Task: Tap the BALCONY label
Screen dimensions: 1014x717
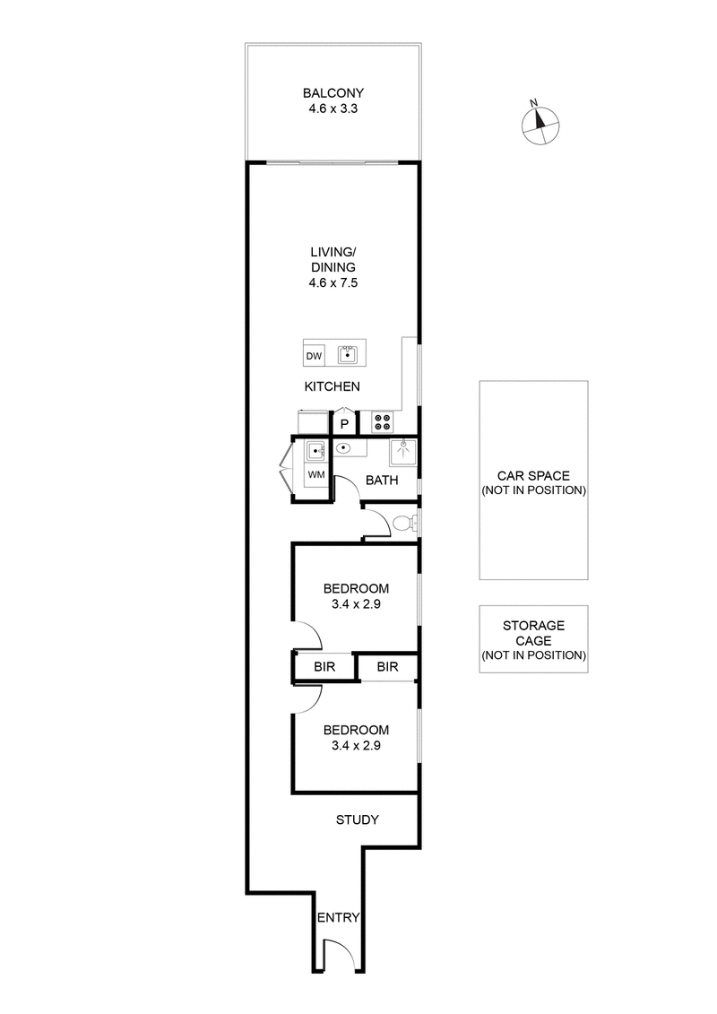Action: coord(333,93)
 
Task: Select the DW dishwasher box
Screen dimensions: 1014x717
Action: coord(314,357)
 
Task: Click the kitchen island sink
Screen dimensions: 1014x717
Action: coord(348,355)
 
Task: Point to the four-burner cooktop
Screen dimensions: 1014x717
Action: coord(382,420)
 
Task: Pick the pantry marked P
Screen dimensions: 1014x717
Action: coord(344,422)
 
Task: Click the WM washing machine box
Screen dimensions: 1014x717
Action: coord(315,472)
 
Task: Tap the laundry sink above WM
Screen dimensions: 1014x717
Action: coord(315,451)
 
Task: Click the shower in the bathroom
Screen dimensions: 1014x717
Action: coord(404,453)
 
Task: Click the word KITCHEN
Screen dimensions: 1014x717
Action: coord(333,386)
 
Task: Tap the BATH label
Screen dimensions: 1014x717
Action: coord(382,481)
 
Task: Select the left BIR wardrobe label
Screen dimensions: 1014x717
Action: coord(324,667)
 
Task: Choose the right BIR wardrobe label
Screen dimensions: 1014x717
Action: coord(387,667)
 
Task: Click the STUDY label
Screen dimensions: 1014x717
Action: coord(357,819)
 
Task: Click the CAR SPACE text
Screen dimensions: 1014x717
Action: coord(533,476)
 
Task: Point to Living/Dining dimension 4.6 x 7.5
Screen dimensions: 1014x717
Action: coord(333,282)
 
